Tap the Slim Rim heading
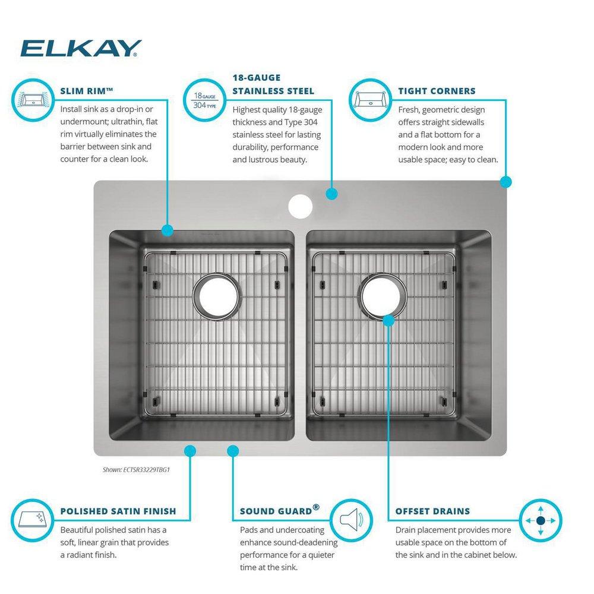click(x=87, y=91)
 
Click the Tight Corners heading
click(x=436, y=91)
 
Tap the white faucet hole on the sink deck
click(x=300, y=206)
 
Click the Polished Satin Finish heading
click(x=118, y=511)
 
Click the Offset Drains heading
click(x=432, y=511)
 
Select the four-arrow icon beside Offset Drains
click(x=540, y=520)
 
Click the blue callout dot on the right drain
click(x=388, y=321)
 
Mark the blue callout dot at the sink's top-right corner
click(x=505, y=182)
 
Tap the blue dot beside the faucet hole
click(x=331, y=194)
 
